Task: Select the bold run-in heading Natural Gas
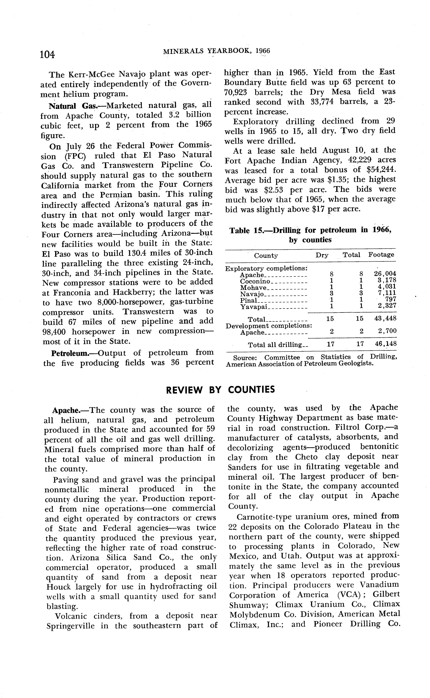click(73, 106)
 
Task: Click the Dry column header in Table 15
click(322, 255)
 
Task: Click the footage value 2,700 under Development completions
click(387, 331)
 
